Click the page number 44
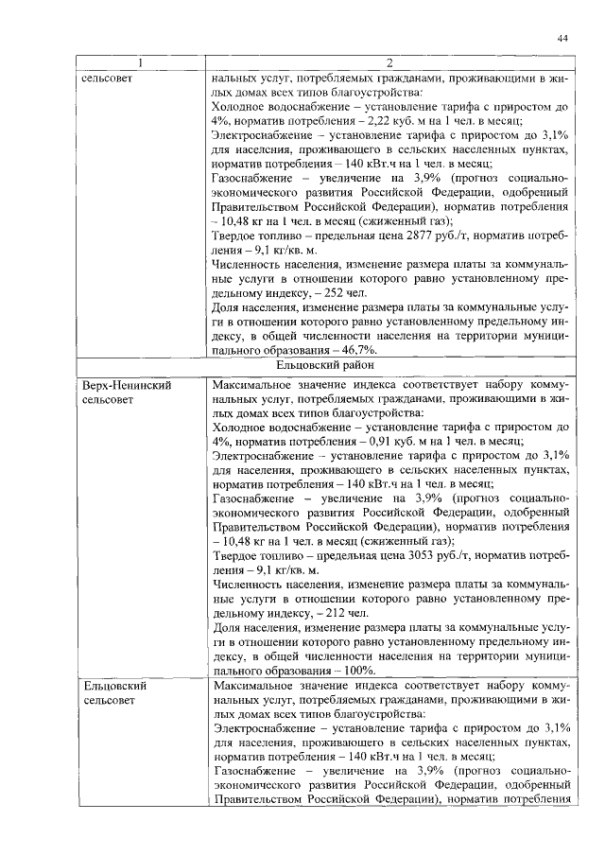point(562,38)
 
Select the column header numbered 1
point(141,63)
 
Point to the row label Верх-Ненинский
point(121,387)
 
